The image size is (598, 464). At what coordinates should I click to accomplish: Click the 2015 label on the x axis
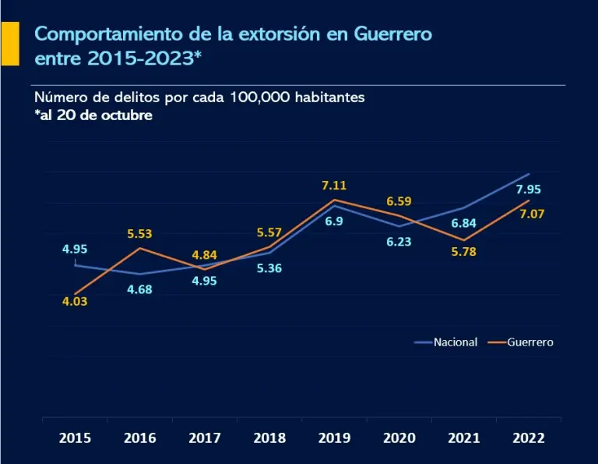coord(75,437)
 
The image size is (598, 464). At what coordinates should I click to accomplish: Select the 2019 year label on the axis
coord(335,437)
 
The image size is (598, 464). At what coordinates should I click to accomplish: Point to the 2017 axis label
coord(205,437)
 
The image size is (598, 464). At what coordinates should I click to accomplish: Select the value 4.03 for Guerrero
coord(75,300)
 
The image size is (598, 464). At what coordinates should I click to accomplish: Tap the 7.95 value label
coord(529,189)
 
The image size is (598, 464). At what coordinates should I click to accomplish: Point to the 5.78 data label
coord(463,252)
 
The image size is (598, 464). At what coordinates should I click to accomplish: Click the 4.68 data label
coord(139,289)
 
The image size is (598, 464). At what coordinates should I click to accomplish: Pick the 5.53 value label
coord(139,232)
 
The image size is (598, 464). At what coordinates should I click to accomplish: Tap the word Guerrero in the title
coord(392,35)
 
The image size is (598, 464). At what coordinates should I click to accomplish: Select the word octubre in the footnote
coord(125,115)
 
